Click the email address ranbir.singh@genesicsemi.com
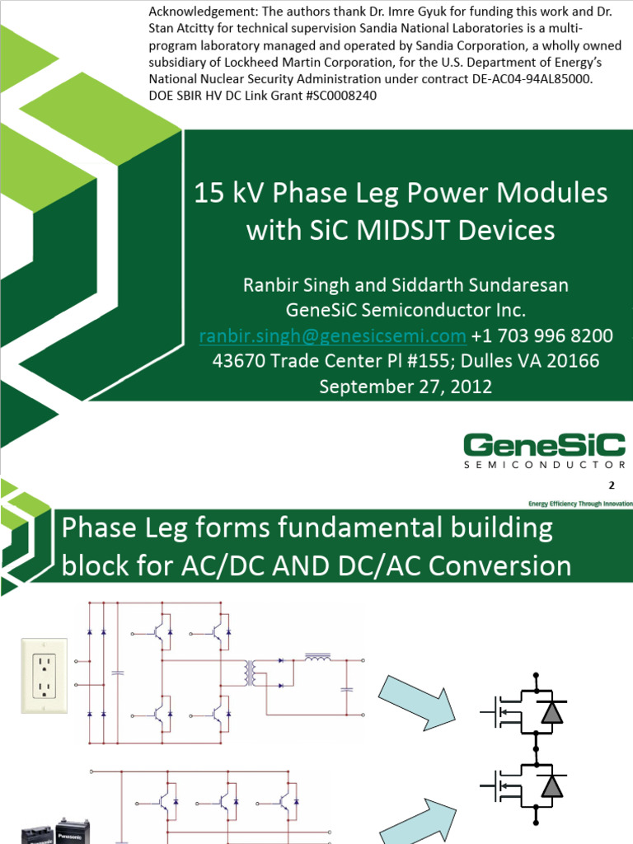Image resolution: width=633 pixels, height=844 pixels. click(332, 335)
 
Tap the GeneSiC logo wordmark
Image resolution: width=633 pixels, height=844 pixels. click(544, 446)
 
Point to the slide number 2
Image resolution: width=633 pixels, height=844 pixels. click(611, 485)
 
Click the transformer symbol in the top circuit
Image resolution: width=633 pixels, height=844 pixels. click(251, 673)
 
